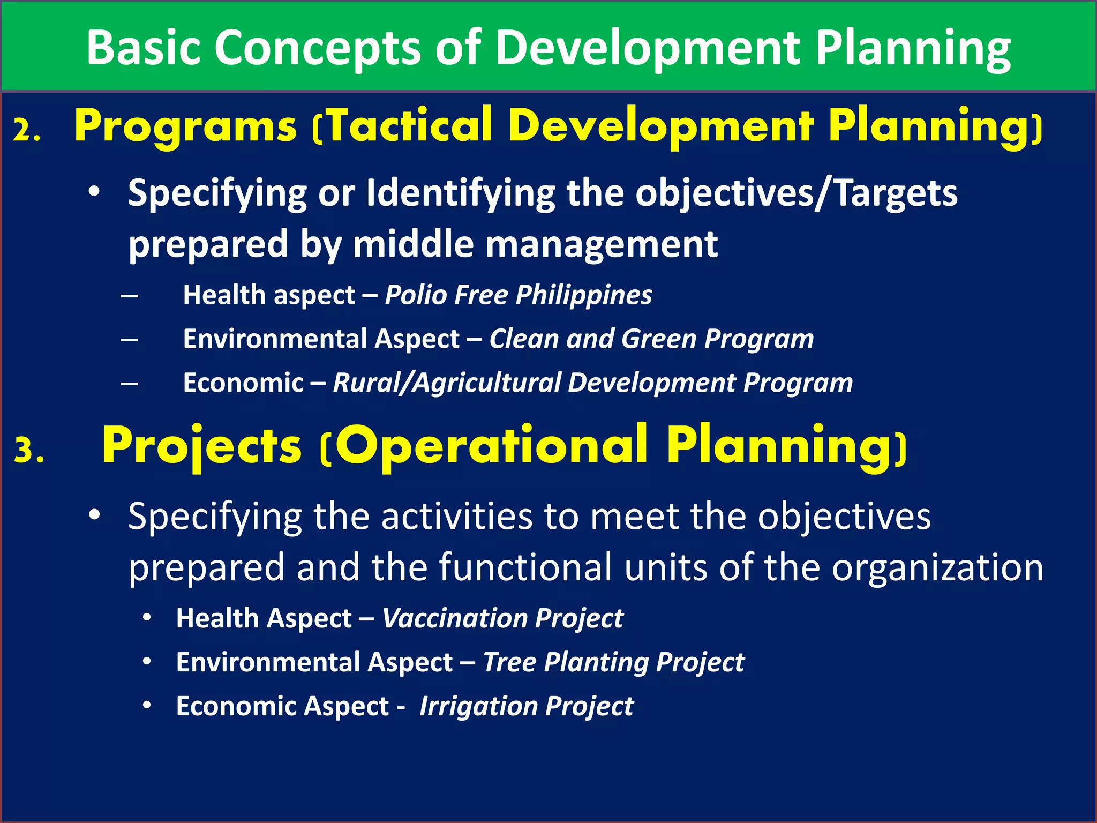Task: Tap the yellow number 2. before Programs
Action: click(x=27, y=130)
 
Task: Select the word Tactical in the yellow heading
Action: click(x=409, y=126)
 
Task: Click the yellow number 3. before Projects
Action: click(x=29, y=450)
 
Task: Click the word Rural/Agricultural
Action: click(x=447, y=383)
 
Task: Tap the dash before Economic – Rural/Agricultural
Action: click(x=129, y=384)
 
